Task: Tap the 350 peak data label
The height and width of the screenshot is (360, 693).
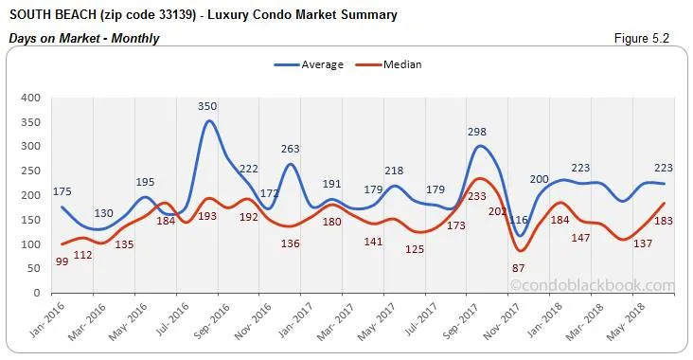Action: (208, 107)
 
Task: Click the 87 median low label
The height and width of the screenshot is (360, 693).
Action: (517, 268)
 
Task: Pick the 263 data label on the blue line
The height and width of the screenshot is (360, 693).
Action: (291, 149)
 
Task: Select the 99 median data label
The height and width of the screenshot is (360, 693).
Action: (61, 261)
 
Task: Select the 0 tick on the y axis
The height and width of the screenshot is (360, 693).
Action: (36, 293)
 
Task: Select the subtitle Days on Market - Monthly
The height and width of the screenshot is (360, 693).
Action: (83, 39)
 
